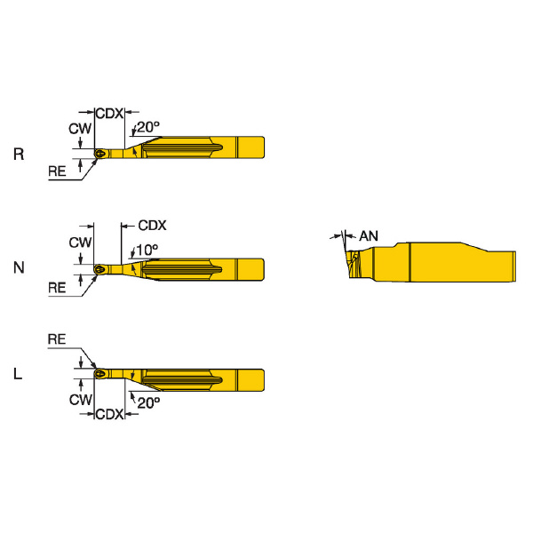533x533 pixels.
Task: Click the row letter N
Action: pos(19,266)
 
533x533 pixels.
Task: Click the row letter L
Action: pos(19,375)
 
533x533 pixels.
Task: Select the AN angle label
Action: pos(369,235)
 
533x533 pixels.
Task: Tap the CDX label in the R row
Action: pos(108,114)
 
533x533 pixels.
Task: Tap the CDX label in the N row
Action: pos(152,226)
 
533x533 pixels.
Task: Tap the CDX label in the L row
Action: pos(108,414)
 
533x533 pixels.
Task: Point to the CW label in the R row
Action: pos(80,129)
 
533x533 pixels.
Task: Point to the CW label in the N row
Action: pos(80,242)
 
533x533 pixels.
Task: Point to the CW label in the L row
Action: pos(80,400)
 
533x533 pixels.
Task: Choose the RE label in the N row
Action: pos(58,287)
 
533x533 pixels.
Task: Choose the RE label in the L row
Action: pos(58,339)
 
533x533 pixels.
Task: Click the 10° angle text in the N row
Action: pos(147,249)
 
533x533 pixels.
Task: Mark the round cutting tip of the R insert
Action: pos(100,153)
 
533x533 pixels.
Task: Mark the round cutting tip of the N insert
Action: pos(100,266)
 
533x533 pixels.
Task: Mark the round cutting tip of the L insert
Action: pos(100,375)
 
